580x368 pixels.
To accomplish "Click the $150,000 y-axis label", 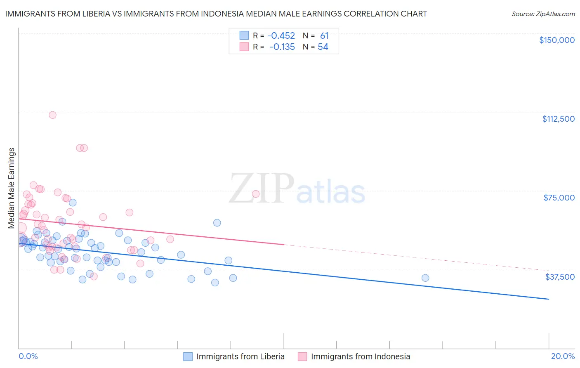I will (556, 40).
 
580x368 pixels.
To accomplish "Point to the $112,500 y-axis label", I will (558, 119).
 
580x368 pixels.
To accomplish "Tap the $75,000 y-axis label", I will (559, 198).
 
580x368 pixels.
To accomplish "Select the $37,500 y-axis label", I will (559, 277).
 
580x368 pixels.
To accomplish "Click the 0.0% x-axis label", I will (28, 356).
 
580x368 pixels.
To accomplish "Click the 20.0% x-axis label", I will (563, 356).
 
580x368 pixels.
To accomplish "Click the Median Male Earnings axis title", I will (12, 188).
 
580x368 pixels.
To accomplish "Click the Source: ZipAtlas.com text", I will (543, 14).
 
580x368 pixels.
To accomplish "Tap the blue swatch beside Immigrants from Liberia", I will (188, 356).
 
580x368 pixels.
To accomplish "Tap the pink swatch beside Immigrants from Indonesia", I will (302, 356).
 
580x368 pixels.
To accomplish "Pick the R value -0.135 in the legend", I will (282, 47).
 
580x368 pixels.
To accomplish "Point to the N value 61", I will (324, 36).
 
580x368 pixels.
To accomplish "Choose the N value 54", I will (323, 47).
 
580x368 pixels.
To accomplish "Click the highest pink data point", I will (52, 115).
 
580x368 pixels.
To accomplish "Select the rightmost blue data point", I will (425, 278).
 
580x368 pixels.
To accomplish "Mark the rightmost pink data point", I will (256, 194).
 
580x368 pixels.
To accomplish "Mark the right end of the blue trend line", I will (549, 299).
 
